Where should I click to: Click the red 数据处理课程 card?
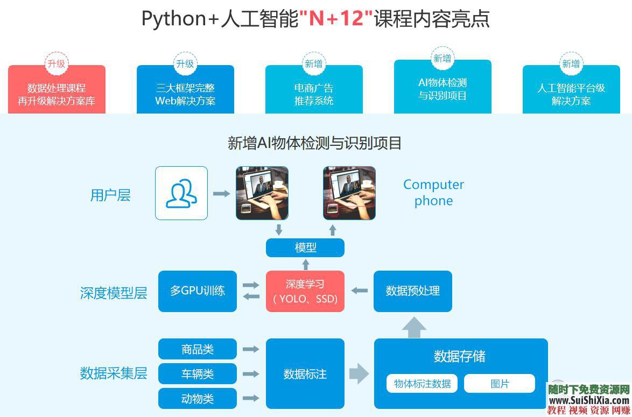[x=57, y=94]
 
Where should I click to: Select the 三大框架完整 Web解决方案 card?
[x=185, y=94]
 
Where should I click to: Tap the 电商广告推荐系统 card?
[x=314, y=94]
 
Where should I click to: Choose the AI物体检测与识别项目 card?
[x=443, y=89]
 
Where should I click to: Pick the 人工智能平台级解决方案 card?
[x=571, y=94]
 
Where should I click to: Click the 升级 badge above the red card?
[x=57, y=64]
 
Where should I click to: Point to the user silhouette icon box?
[x=181, y=193]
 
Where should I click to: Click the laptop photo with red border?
[x=349, y=193]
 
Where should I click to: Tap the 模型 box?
[x=305, y=248]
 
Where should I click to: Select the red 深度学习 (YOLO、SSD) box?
[x=305, y=291]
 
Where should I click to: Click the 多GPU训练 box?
[x=198, y=291]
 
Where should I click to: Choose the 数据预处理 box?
[x=413, y=291]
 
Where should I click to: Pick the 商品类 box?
[x=198, y=349]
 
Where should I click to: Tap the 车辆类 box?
[x=198, y=374]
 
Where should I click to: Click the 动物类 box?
[x=198, y=399]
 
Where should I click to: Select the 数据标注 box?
[x=305, y=374]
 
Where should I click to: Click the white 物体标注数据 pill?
[x=422, y=384]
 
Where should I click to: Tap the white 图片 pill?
[x=500, y=384]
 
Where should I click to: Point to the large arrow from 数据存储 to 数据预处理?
[x=413, y=327]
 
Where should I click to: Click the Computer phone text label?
[x=433, y=193]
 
